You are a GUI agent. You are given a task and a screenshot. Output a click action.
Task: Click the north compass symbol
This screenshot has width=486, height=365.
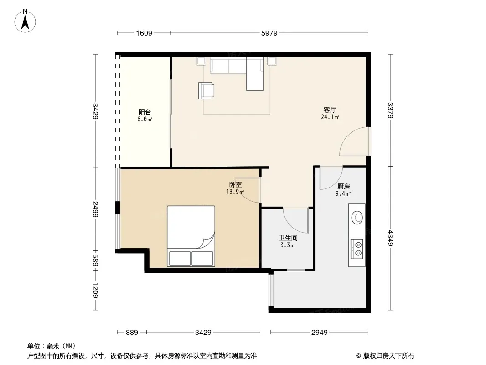[x=25, y=21]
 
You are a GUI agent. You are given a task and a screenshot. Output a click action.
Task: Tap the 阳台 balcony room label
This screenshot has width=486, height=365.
[x=145, y=112]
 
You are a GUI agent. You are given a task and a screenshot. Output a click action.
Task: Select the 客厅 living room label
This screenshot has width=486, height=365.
[x=330, y=110]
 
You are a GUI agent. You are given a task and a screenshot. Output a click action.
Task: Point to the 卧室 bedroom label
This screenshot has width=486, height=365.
[x=236, y=184]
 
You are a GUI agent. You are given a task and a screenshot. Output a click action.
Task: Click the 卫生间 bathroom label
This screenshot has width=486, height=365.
[x=288, y=238]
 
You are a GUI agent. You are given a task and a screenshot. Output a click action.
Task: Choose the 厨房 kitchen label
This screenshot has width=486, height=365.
[x=343, y=186]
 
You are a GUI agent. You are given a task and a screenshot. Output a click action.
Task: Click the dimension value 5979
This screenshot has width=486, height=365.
[x=269, y=33]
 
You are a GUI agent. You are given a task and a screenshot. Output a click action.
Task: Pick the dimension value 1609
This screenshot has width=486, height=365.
[x=144, y=33]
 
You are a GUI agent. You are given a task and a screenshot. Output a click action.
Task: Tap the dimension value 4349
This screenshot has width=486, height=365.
[x=390, y=238]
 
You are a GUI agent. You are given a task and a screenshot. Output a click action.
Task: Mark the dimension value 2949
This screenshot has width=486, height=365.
[x=319, y=333]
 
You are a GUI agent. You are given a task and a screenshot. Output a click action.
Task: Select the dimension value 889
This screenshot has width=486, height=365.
[x=132, y=333]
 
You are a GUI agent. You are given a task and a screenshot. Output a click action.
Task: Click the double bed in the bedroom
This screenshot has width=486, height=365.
[x=191, y=236]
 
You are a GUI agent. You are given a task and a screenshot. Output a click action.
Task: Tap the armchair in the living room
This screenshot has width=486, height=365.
[x=206, y=90]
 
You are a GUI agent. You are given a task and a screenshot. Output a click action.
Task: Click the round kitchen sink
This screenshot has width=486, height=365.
[x=357, y=217]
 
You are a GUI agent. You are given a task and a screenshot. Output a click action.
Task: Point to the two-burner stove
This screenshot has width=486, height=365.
[x=357, y=249]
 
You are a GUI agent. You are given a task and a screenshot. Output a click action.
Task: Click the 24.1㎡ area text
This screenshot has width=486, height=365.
[x=330, y=117]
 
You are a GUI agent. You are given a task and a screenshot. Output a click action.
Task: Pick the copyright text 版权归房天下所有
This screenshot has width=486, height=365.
[x=388, y=356]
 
